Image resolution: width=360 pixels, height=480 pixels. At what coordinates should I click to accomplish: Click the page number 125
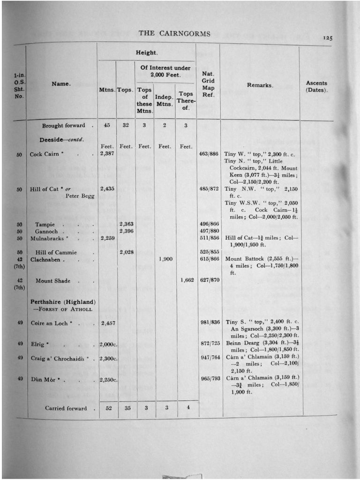(328, 38)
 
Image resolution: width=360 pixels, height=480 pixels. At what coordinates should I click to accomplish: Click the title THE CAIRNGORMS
(174, 33)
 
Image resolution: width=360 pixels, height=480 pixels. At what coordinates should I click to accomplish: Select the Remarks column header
(260, 86)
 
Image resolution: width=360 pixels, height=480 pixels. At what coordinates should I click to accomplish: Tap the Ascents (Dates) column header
(316, 86)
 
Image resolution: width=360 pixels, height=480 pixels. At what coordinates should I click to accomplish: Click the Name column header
(61, 84)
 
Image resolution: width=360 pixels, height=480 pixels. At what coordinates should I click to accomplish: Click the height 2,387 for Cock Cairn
(108, 154)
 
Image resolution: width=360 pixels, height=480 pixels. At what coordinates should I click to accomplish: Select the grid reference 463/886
(209, 154)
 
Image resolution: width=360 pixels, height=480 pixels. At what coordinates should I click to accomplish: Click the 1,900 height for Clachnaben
(166, 259)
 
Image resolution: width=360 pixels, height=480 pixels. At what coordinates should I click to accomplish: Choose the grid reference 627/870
(209, 281)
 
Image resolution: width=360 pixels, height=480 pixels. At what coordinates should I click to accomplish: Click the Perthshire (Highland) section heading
(63, 302)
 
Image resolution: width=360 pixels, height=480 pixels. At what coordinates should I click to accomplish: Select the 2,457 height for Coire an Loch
(108, 323)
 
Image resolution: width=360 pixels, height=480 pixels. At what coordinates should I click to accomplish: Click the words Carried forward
(66, 408)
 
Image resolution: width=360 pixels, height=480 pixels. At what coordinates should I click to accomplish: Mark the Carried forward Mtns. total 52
(108, 408)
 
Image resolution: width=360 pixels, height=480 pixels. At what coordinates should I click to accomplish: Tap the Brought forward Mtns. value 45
(107, 125)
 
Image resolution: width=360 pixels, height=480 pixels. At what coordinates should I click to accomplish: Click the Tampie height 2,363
(127, 225)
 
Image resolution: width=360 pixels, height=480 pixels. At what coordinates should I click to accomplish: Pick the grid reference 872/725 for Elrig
(209, 344)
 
